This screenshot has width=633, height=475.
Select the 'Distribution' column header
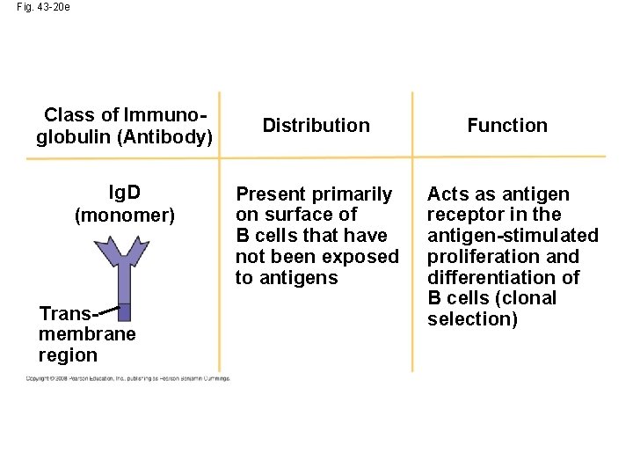(x=316, y=126)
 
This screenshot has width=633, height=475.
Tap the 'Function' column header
(x=506, y=126)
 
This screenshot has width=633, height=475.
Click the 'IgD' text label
(x=125, y=193)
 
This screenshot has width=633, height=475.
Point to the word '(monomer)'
(x=125, y=215)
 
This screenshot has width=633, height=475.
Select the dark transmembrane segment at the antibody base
(x=124, y=311)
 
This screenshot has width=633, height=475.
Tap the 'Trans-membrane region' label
(x=86, y=334)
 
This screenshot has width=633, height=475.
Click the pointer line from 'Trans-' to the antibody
(x=105, y=309)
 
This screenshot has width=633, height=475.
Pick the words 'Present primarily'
(x=314, y=194)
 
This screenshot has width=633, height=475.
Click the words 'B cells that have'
(x=311, y=236)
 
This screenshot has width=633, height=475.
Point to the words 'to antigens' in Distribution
(x=286, y=278)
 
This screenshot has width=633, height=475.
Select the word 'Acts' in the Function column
(x=447, y=194)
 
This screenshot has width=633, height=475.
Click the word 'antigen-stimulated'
(x=513, y=236)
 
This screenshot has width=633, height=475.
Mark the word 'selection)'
(x=472, y=319)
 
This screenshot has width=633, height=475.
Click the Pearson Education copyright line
(x=127, y=378)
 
